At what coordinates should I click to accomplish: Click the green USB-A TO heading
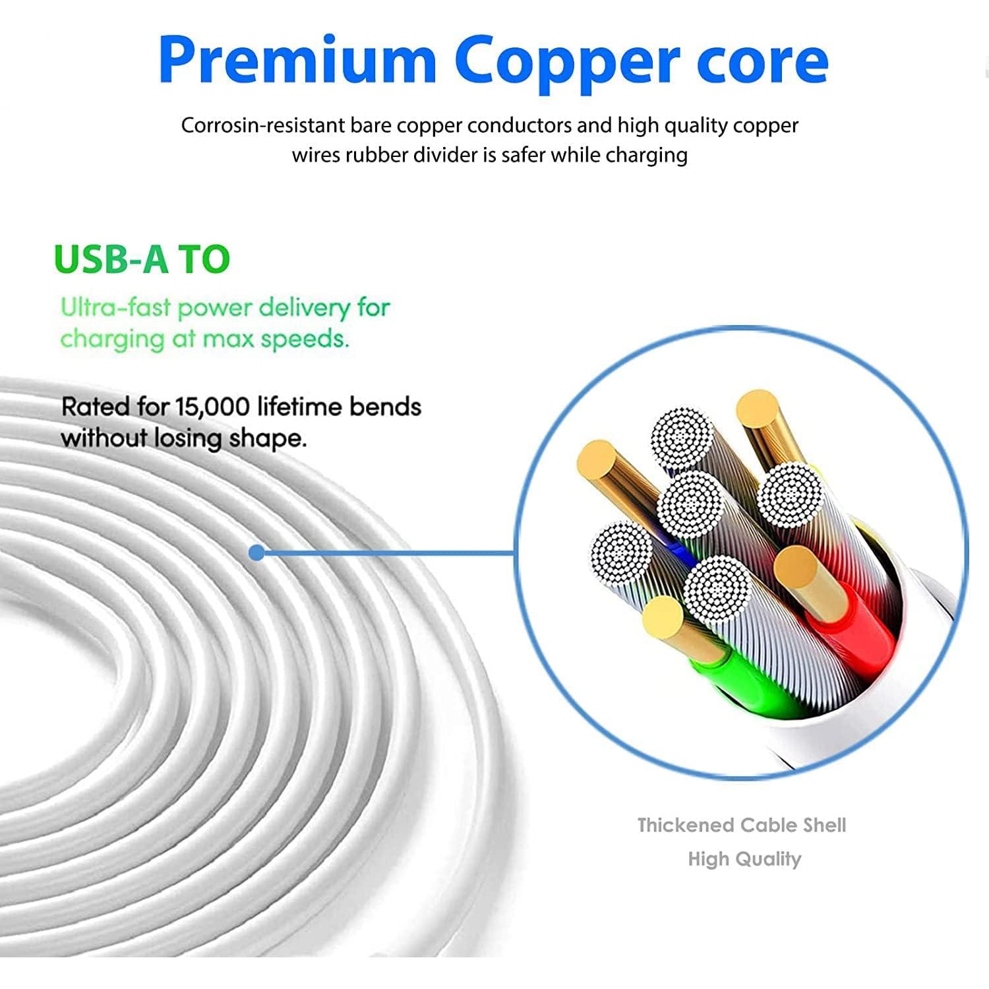[142, 259]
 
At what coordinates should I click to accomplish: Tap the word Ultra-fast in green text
[115, 308]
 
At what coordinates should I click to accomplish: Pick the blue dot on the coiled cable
[257, 553]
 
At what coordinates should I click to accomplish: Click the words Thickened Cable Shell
[742, 825]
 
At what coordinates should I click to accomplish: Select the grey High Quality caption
[744, 858]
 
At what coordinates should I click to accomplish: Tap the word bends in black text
[385, 407]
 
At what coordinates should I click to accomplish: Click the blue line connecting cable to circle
[389, 553]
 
